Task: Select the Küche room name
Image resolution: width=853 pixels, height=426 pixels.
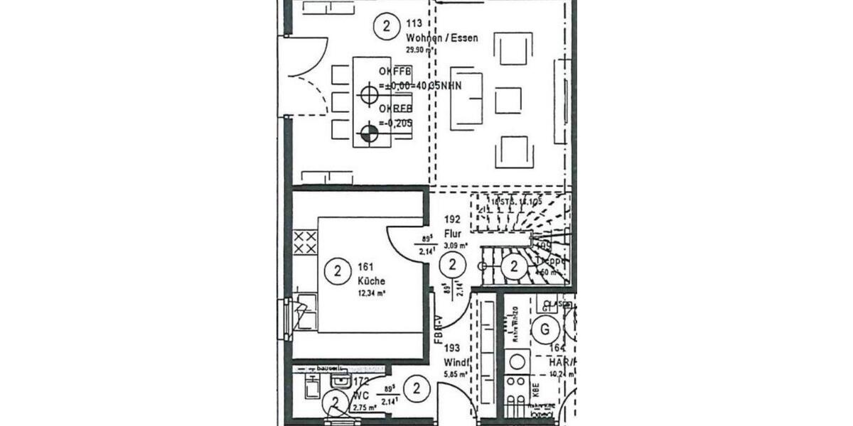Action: pyautogui.click(x=372, y=281)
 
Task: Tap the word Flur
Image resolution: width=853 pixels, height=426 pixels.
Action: pyautogui.click(x=453, y=233)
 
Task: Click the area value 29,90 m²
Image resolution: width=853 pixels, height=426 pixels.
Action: pyautogui.click(x=419, y=50)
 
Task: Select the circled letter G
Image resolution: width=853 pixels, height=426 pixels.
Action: pyautogui.click(x=545, y=329)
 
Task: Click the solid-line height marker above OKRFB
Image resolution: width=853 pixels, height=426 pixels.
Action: pyautogui.click(x=368, y=93)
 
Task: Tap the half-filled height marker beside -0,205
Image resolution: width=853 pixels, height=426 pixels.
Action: pyautogui.click(x=368, y=131)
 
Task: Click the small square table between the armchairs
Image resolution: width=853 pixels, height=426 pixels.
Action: pyautogui.click(x=508, y=100)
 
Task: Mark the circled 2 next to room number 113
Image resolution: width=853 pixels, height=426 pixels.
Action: pyautogui.click(x=386, y=27)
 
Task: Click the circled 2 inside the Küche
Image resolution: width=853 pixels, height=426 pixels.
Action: pyautogui.click(x=337, y=271)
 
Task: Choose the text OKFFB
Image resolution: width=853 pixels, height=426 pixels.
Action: pyautogui.click(x=395, y=72)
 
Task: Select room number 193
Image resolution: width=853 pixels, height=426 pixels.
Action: pyautogui.click(x=452, y=348)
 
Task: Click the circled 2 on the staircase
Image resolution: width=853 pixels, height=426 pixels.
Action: pyautogui.click(x=513, y=267)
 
